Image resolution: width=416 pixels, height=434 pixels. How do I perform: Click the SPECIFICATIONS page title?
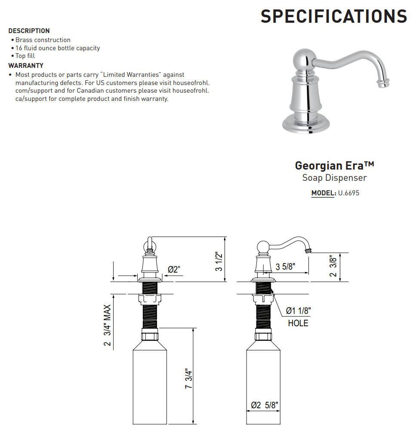pos(334,16)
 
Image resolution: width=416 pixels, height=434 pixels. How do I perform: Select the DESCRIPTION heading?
pos(29,31)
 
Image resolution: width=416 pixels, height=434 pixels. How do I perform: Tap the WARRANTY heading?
pos(26,66)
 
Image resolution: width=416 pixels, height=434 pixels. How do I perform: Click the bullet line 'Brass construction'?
pos(43,40)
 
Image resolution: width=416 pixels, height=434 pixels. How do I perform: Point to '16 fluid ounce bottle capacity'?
pos(58,48)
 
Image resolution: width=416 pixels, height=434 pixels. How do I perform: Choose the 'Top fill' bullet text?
pos(25,56)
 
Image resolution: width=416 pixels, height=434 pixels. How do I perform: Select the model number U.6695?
pos(348,193)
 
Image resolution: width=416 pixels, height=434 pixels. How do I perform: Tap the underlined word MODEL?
pos(323,193)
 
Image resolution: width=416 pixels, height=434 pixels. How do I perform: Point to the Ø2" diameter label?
pos(174,270)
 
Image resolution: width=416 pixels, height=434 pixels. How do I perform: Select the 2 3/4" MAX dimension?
pos(107,325)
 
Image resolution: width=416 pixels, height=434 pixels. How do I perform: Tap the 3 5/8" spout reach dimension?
pos(285,267)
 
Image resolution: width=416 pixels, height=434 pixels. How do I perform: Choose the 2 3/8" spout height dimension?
pos(333,267)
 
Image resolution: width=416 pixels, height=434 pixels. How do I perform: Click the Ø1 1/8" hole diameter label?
pos(298,311)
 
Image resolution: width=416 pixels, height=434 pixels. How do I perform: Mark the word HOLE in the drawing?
pos(298,323)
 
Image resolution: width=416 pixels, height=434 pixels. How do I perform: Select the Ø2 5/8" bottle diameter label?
pos(265,405)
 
